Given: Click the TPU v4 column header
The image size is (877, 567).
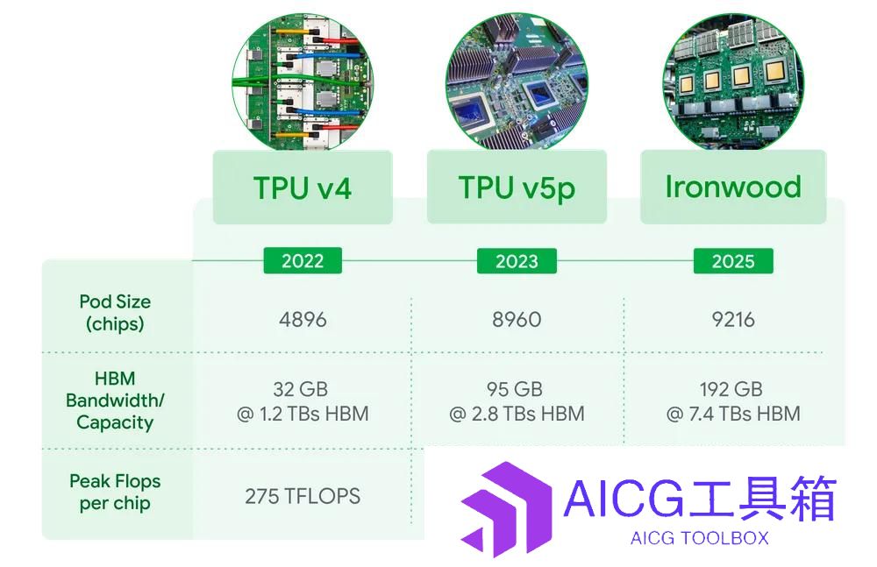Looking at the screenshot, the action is tap(303, 188).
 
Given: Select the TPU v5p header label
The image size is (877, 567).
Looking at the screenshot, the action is tap(517, 188).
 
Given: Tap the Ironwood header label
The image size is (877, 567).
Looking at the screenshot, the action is tap(732, 187).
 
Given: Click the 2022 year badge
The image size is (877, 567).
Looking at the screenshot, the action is tap(303, 260).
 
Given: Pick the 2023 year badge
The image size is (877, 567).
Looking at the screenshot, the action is tap(517, 260).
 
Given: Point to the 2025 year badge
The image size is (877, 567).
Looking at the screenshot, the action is tap(733, 260).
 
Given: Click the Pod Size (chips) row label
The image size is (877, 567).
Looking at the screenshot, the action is tap(115, 313).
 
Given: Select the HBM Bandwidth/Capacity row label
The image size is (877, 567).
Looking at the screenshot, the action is tap(115, 400).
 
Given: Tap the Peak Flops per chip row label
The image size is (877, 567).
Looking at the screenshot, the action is tap(115, 492).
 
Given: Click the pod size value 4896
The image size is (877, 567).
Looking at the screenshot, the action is tap(303, 319).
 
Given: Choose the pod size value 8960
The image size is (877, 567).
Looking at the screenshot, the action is tap(517, 319).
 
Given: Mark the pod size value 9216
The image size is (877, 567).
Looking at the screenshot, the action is tap(733, 319).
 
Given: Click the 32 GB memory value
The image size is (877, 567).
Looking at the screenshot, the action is tap(300, 388).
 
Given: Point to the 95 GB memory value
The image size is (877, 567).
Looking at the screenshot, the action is tap(515, 388).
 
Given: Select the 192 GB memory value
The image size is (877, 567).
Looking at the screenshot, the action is tap(731, 388).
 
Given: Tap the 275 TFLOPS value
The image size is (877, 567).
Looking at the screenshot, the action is tap(303, 496).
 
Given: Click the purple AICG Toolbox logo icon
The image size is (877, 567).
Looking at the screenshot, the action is tap(506, 509).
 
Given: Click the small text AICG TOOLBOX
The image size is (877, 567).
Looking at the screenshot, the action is tap(699, 538).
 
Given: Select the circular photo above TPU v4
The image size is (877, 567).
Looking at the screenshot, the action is tap(303, 82).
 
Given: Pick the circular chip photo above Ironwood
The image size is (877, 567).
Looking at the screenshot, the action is tap(733, 82).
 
